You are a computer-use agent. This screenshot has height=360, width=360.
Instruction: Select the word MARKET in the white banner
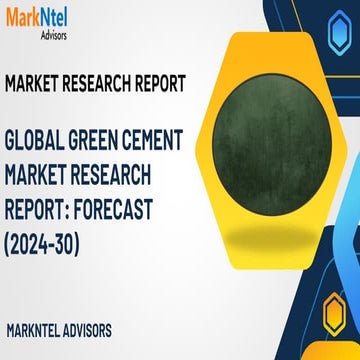pos(36,83)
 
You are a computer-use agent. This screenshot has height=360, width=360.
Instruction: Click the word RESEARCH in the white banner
pos(102,83)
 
